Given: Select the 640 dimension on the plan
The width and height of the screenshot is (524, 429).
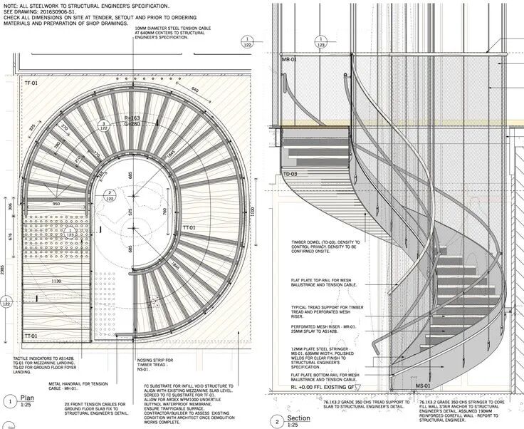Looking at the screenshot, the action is (x=194, y=89).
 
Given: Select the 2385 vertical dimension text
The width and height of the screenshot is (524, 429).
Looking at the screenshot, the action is (x=4, y=271).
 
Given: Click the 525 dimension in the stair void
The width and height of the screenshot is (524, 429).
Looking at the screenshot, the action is (x=130, y=212).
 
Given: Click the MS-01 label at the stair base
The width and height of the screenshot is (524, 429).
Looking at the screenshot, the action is (x=423, y=386).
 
